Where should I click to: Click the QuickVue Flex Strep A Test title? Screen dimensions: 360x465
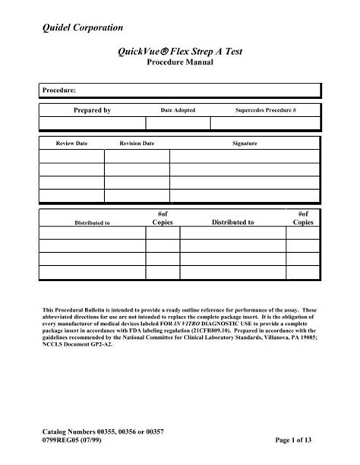[x=180, y=52]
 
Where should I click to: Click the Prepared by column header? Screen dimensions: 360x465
[x=92, y=111]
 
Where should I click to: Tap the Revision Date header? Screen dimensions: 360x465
[x=137, y=143]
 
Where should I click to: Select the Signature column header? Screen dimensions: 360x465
[x=245, y=143]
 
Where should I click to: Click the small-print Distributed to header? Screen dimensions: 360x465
[x=92, y=223]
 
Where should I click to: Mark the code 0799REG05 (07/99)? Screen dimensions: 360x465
[x=75, y=441]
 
